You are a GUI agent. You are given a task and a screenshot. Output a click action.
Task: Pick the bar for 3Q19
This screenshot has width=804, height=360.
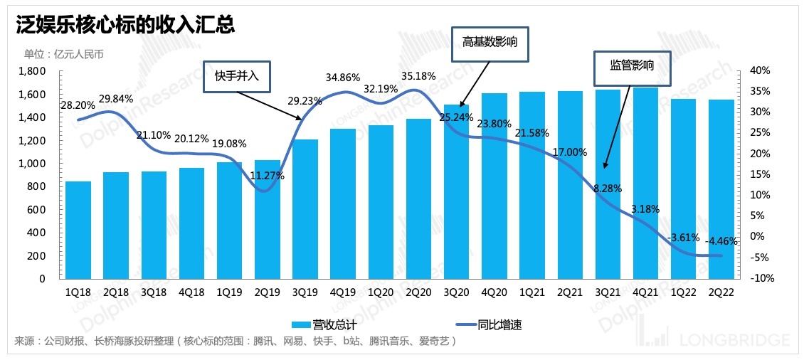click(306, 209)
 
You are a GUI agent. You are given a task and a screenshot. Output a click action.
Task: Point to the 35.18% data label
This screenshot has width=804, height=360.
click(418, 75)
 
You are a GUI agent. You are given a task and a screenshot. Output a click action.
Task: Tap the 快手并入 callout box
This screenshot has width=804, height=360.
click(236, 76)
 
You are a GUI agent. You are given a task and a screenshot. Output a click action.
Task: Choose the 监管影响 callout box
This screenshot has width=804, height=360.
click(632, 65)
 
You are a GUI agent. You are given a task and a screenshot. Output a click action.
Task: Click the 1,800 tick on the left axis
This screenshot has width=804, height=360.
click(31, 71)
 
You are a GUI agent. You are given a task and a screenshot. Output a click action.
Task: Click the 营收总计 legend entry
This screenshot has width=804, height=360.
click(320, 325)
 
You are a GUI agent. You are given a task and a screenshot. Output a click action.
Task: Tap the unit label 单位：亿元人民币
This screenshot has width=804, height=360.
click(68, 53)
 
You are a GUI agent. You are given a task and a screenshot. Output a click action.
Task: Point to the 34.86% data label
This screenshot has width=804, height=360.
click(343, 77)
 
